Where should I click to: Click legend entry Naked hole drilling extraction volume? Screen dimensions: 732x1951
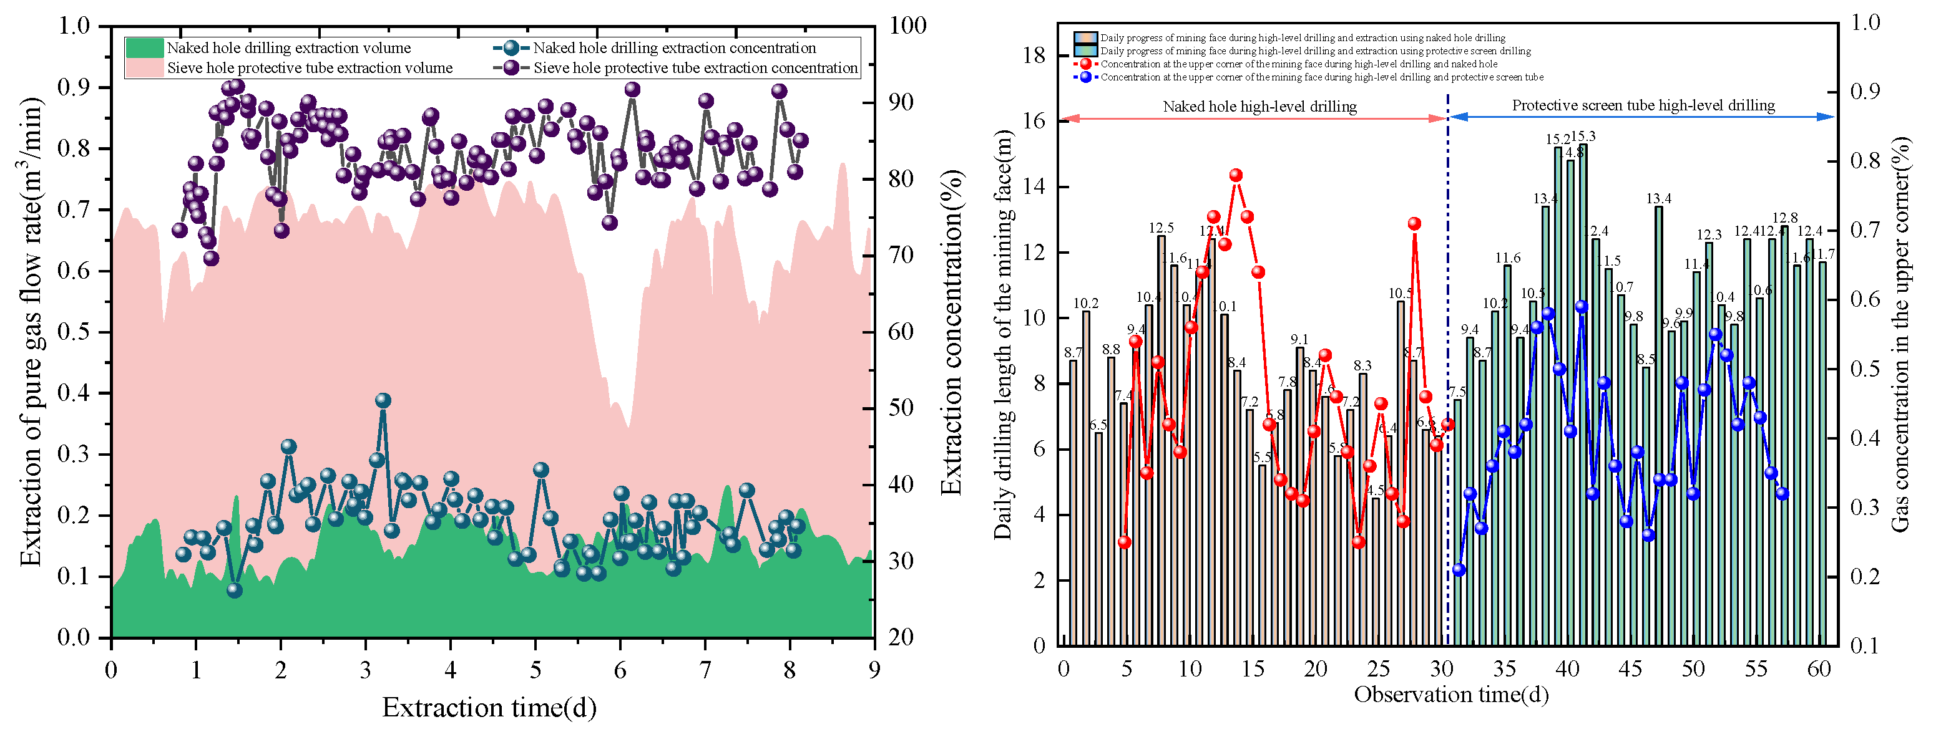tap(288, 47)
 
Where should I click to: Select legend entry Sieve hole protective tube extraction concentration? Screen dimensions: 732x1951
tap(695, 68)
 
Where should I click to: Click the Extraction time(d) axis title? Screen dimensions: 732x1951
tap(489, 707)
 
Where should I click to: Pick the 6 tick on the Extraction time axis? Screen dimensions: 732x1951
tap(620, 670)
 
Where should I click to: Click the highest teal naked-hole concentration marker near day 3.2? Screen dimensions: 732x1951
tap(383, 400)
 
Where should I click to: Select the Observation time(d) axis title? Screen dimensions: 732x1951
tap(1450, 694)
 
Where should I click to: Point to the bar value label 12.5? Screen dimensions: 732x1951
tap(1161, 228)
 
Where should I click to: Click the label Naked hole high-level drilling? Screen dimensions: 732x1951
tap(1259, 107)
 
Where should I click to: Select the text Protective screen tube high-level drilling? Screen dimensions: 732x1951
tap(1643, 105)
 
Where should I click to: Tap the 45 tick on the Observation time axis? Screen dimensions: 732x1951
tap(1631, 669)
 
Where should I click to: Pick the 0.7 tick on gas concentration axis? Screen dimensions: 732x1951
tap(1865, 229)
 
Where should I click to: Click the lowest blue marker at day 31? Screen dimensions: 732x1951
tap(1459, 570)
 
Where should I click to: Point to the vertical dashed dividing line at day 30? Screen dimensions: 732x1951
tap(1447, 378)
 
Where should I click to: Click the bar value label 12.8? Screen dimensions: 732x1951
tap(1784, 218)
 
